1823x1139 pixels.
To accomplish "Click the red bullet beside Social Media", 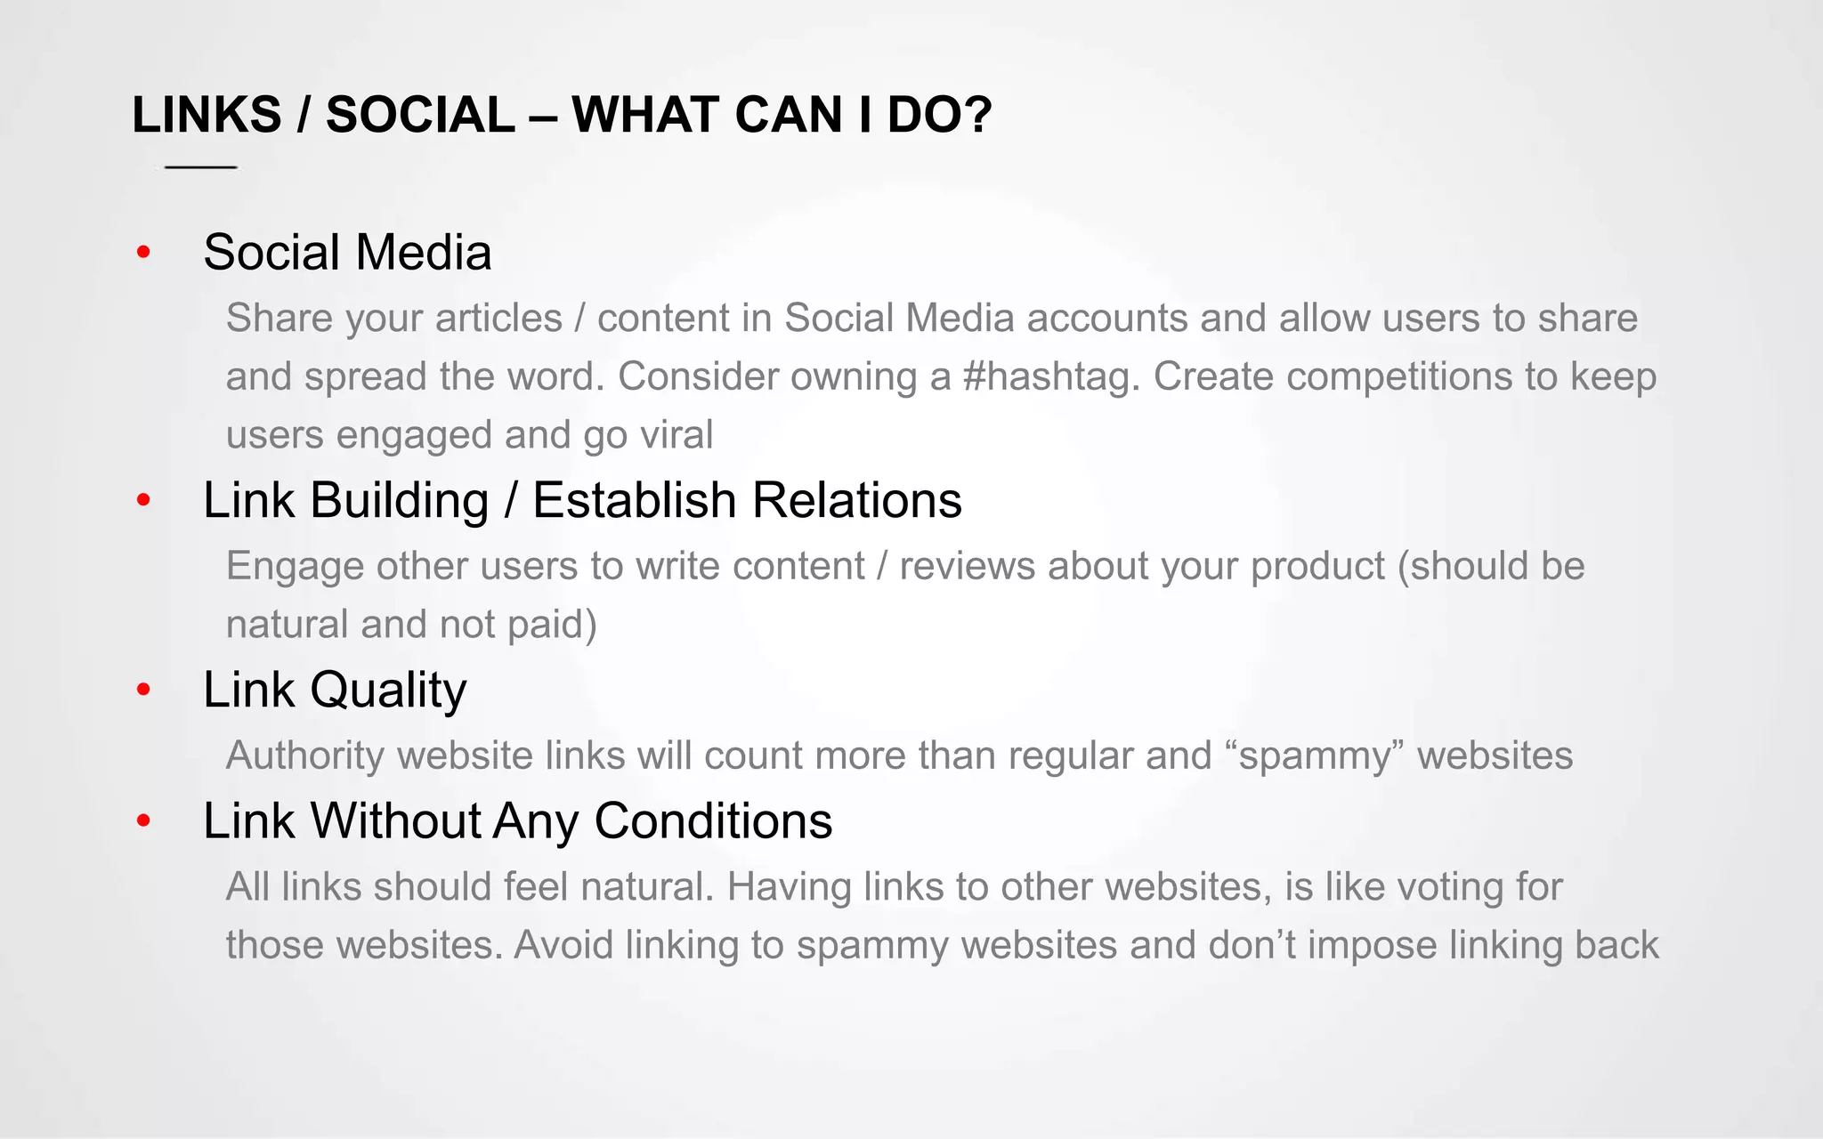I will (143, 254).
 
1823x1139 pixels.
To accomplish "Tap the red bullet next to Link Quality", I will (143, 690).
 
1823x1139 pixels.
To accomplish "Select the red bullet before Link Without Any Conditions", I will (143, 820).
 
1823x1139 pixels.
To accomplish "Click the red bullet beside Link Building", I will (143, 501).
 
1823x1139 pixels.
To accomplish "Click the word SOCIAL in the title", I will (420, 116).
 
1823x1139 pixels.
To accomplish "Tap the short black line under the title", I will (200, 167).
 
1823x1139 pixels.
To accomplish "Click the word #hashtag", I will (1050, 377).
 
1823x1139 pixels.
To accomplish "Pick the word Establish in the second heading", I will (635, 501).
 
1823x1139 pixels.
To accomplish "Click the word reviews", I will (967, 567).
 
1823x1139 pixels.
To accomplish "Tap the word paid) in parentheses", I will (552, 625).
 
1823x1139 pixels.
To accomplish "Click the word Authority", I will (304, 756).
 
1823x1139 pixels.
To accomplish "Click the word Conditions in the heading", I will (713, 820).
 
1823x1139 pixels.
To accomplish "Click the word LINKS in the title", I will (207, 116).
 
